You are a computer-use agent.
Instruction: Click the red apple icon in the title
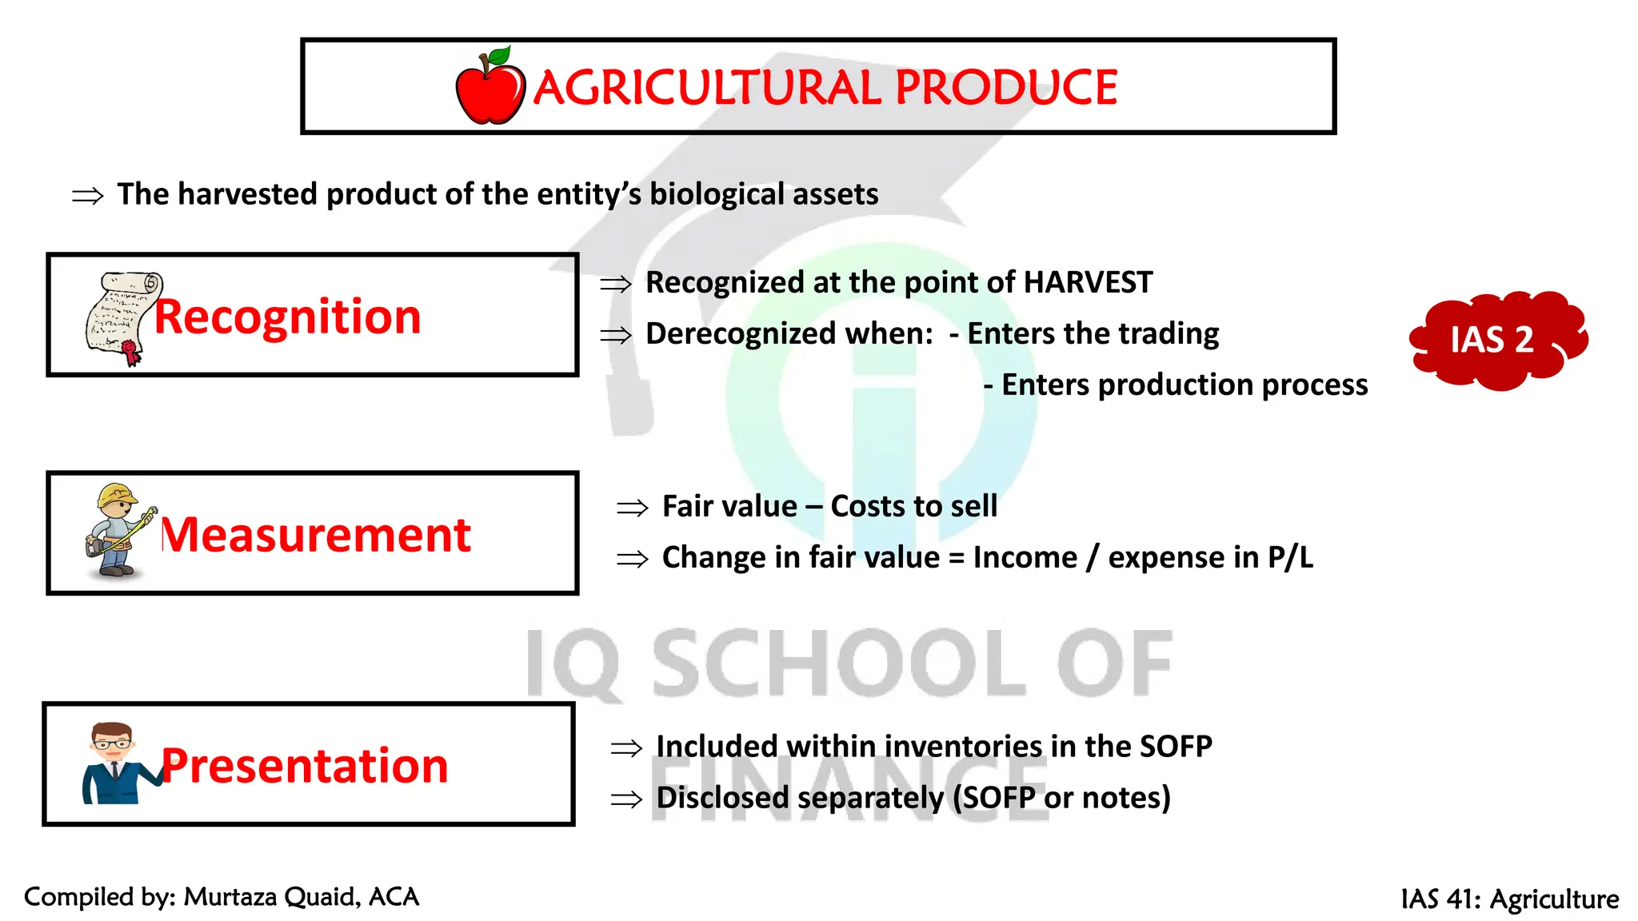(489, 87)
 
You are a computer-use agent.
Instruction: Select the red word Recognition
(287, 317)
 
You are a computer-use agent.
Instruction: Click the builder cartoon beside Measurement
(118, 530)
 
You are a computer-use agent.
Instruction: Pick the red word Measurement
(316, 535)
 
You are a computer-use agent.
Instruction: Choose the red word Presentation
(305, 766)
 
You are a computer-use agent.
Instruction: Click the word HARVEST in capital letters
(1088, 282)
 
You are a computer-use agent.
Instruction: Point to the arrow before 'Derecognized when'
(615, 335)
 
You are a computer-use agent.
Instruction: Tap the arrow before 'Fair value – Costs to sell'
(632, 508)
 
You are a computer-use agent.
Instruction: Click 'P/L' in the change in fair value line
(1290, 557)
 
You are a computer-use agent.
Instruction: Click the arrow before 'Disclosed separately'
(625, 799)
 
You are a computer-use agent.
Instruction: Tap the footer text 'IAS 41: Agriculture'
(1509, 899)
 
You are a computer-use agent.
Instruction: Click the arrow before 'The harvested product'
(87, 196)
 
